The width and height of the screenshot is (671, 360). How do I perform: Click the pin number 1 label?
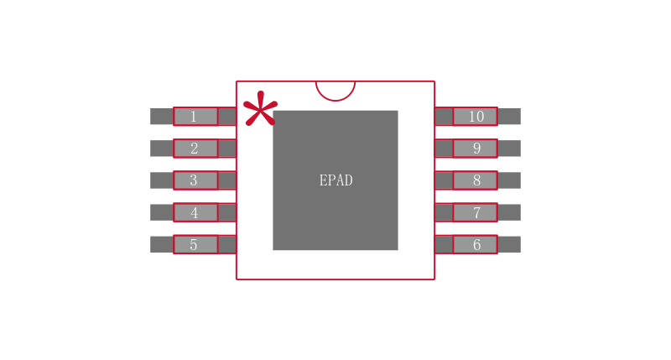[x=194, y=117]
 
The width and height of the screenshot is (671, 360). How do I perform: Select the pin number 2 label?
[x=194, y=149]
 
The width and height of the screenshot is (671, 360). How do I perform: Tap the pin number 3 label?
[x=194, y=180]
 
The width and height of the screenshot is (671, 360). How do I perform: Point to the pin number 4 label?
[x=194, y=212]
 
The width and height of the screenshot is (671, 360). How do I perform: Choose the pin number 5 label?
[x=194, y=244]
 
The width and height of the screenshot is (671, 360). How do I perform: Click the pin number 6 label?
[x=476, y=244]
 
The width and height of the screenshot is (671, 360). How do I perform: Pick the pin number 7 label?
[x=476, y=212]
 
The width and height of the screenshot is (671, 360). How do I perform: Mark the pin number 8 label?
[x=476, y=180]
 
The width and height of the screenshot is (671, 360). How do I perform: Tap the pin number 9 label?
[x=476, y=149]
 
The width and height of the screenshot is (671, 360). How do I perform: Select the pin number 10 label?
[x=476, y=117]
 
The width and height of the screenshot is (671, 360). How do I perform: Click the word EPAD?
[x=335, y=180]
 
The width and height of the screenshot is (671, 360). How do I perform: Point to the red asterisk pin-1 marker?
[x=259, y=109]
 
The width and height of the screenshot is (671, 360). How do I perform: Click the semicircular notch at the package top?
[x=335, y=89]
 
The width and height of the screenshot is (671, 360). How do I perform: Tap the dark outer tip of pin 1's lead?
[x=161, y=117]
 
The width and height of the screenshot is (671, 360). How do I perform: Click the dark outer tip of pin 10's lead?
[x=509, y=117]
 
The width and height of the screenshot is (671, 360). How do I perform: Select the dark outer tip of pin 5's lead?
[x=161, y=244]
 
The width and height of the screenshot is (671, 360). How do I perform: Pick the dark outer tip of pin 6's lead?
[x=509, y=244]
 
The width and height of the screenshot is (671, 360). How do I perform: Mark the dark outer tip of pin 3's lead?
[x=161, y=180]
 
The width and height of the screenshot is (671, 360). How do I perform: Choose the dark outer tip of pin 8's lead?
[x=509, y=180]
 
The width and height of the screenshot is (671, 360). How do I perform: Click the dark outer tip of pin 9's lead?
[x=509, y=149]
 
